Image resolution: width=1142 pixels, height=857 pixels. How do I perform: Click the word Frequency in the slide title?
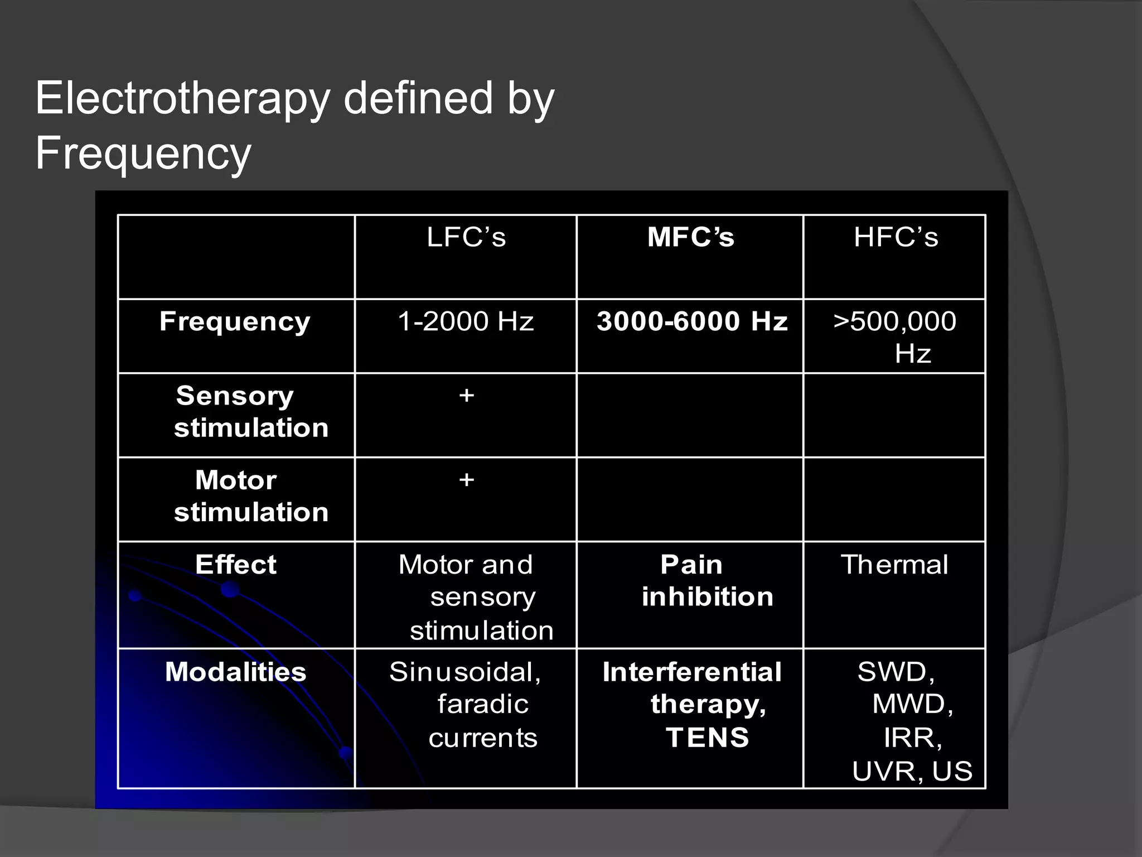[x=143, y=153]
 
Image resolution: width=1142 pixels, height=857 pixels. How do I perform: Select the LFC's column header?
[x=466, y=237]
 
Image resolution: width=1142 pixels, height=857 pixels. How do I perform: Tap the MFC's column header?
[x=690, y=237]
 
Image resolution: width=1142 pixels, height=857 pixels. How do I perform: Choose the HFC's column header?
[x=896, y=237]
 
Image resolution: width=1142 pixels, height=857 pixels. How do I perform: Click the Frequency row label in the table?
[x=235, y=322]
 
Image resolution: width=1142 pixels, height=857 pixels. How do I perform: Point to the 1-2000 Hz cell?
[x=466, y=322]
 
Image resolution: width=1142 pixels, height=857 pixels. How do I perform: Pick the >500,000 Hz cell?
[x=895, y=336]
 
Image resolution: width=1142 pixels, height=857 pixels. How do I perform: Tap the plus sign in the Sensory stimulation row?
[x=467, y=396]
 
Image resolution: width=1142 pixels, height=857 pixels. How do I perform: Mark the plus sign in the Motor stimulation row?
[x=467, y=480]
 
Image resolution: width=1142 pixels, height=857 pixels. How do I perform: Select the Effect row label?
[x=236, y=565]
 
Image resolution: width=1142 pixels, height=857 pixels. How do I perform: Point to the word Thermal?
[x=894, y=565]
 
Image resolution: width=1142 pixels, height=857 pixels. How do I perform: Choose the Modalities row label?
[x=236, y=672]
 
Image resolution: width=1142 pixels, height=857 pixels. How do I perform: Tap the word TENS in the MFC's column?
[x=708, y=738]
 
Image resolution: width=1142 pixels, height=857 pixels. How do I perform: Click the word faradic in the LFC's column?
[x=483, y=704]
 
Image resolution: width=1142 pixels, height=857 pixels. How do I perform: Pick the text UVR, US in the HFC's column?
[x=912, y=771]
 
